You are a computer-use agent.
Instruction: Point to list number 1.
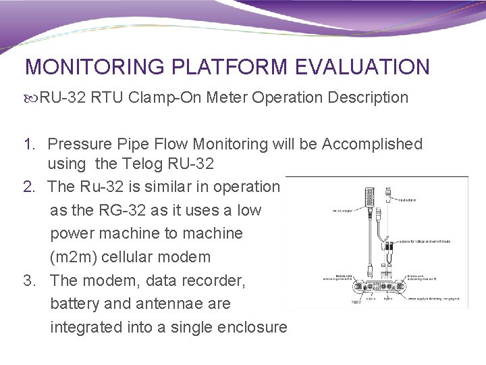point(29,144)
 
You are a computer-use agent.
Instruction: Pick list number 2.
point(29,187)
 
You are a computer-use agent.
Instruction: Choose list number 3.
point(29,281)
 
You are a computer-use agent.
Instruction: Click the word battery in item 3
point(74,304)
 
